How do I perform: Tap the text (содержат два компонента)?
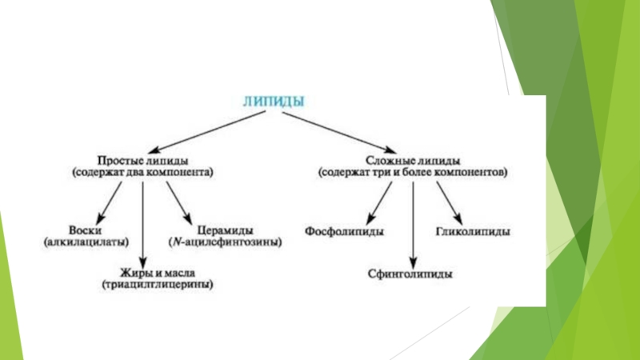(x=144, y=171)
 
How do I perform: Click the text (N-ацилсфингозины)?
(x=225, y=241)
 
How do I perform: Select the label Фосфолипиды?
(x=344, y=231)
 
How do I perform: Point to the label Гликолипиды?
(x=474, y=231)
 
